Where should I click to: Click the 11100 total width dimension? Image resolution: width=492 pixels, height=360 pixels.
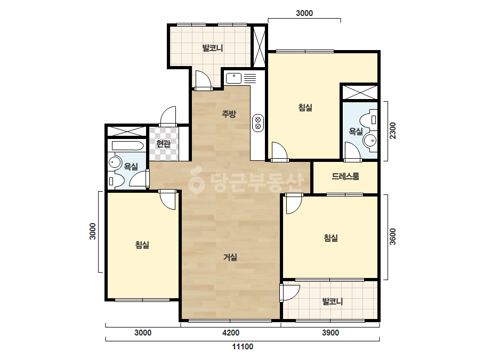pos(243,347)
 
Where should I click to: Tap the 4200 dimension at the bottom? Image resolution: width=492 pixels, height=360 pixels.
pos(231,333)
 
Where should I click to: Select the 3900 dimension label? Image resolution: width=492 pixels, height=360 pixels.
pos(330,333)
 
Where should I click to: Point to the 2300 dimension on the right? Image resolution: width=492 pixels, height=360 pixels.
pos(392,131)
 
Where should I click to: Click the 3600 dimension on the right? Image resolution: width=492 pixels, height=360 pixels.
pos(392,237)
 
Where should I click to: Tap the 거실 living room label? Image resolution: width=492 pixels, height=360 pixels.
pos(230,257)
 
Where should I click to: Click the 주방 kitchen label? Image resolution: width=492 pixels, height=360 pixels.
pos(229,114)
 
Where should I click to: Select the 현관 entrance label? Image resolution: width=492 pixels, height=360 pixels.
pos(163,144)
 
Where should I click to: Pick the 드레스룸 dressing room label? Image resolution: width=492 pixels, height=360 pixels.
pos(345,177)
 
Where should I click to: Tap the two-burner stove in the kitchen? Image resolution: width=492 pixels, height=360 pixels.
pos(258,122)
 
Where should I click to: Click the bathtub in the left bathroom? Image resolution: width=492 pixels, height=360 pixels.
pos(128,146)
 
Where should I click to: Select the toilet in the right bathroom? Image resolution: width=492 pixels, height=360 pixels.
pos(368,119)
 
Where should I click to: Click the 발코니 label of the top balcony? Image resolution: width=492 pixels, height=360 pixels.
pos(213,48)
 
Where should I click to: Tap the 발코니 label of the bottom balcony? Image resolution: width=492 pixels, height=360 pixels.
pos(332,301)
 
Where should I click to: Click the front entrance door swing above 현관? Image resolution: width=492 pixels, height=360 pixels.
pos(168,116)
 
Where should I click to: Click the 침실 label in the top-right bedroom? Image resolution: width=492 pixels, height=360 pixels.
pos(305,108)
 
